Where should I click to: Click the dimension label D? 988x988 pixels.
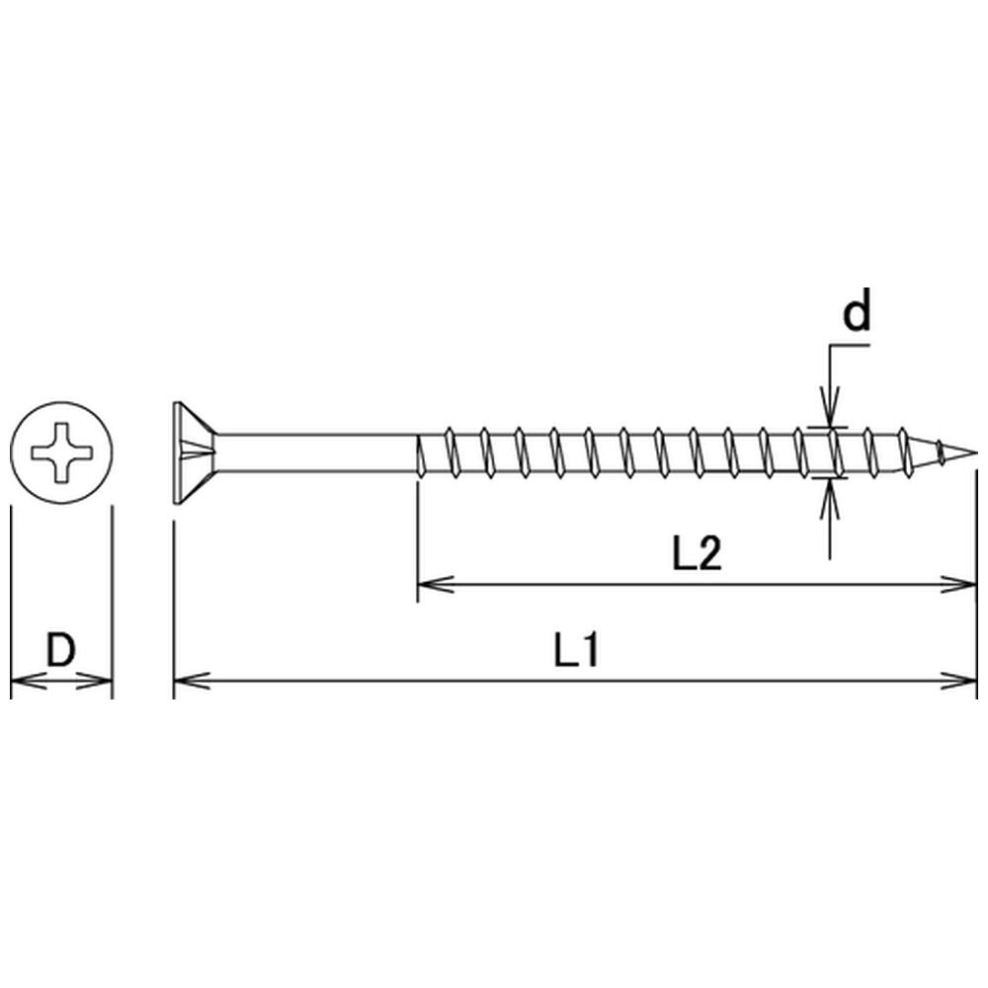click(61, 650)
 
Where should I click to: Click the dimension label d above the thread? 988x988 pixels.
click(857, 309)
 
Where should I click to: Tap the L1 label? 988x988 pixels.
click(575, 650)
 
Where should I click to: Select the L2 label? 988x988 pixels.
click(697, 554)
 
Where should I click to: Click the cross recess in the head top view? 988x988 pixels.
click(61, 453)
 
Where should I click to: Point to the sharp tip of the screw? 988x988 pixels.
click(977, 453)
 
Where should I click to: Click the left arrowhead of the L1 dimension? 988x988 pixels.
click(192, 681)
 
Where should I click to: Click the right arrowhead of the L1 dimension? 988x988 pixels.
click(959, 681)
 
